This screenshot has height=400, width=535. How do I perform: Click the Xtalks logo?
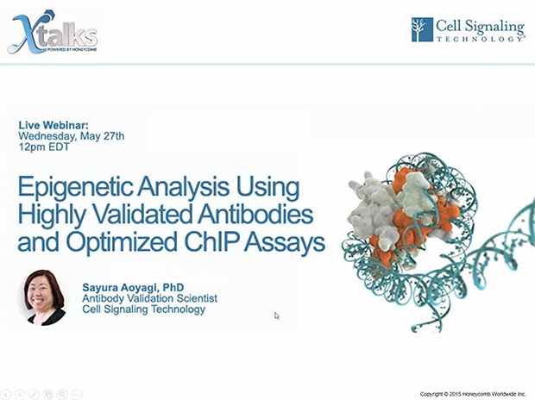53,32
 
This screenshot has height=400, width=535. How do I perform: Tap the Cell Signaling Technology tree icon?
422,29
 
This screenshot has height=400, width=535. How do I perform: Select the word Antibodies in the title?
255,215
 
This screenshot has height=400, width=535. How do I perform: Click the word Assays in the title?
285,243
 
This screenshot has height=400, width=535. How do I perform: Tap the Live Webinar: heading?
53,125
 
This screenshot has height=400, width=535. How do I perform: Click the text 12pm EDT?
44,147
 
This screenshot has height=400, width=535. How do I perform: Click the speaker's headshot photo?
43,297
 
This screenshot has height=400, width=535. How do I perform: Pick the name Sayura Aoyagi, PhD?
133,287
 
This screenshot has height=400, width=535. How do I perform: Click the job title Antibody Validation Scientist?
150,298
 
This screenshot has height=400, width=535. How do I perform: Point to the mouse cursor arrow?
277,316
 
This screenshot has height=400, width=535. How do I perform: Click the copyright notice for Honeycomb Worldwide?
473,394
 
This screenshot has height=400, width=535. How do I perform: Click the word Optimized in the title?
122,243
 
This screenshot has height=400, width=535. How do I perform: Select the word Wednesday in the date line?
47,136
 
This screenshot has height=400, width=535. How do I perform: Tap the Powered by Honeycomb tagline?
72,49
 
